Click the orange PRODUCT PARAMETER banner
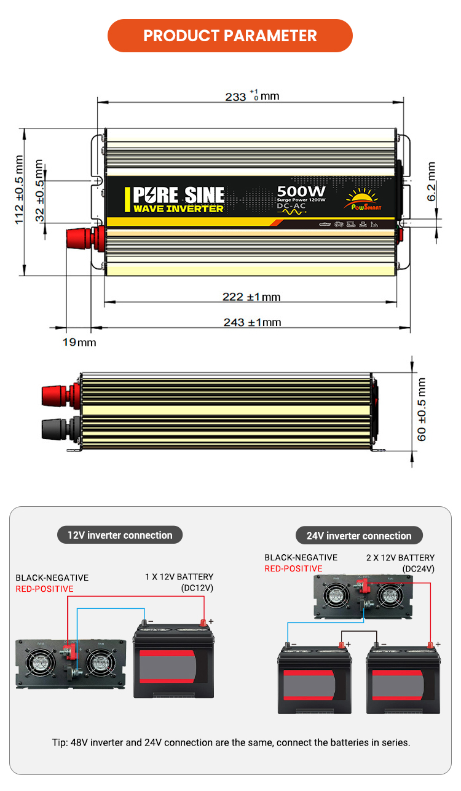coord(230,36)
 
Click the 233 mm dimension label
coord(252,97)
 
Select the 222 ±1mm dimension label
coord(251,297)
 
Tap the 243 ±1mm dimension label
coord(251,322)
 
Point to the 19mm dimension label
coord(79,342)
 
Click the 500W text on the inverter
coord(301,191)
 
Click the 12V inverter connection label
coord(120,535)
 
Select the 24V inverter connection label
coord(359,536)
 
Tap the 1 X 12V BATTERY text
coord(179,577)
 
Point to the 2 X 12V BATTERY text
coord(401,558)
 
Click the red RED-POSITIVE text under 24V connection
coord(293,569)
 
